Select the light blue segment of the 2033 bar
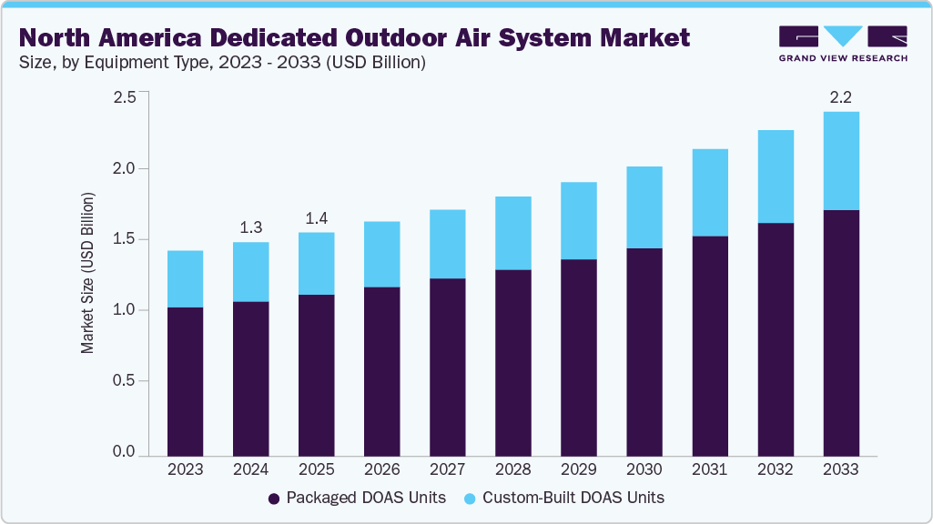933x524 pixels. [840, 161]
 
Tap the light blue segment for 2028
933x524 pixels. [512, 233]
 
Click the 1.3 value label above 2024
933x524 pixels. [250, 227]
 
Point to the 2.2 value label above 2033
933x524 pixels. [840, 97]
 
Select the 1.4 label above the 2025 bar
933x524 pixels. [316, 218]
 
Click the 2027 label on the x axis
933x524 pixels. [447, 469]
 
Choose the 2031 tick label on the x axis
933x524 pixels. [709, 469]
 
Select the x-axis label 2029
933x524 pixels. [578, 469]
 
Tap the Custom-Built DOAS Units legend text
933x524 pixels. [573, 498]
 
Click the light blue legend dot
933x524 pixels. [470, 499]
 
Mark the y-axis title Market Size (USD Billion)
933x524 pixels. [88, 273]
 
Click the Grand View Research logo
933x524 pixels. [842, 44]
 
